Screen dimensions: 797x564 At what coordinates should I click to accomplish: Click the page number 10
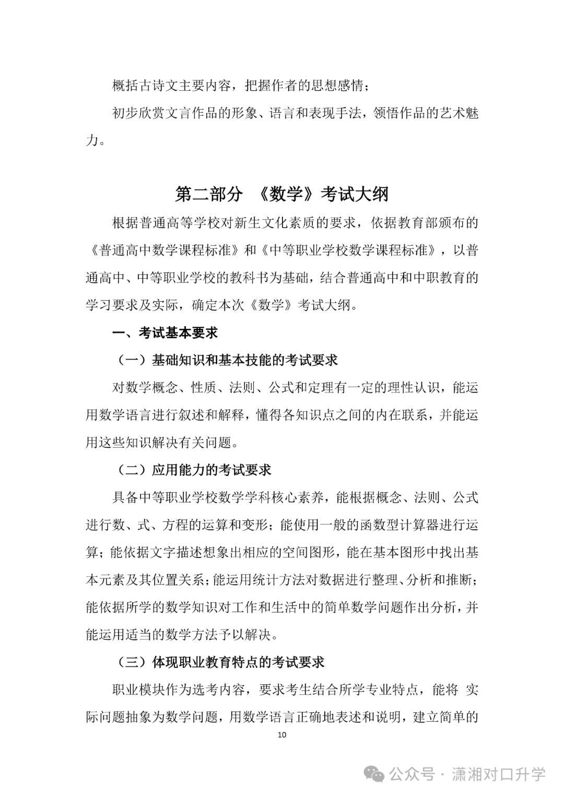[282, 734]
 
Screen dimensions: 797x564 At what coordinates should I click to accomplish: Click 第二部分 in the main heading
[209, 194]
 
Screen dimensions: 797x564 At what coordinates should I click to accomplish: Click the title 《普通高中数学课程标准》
[164, 250]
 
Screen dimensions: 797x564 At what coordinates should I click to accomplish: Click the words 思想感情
[337, 86]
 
